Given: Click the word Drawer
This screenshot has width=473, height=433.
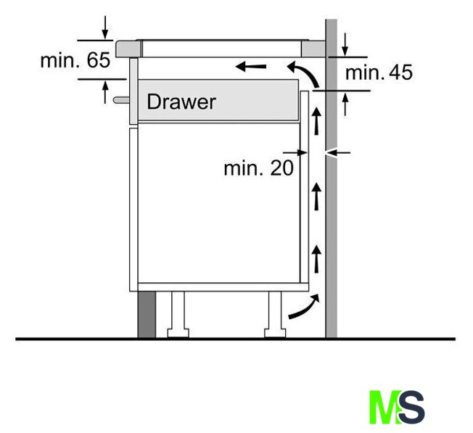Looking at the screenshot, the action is tap(181, 102).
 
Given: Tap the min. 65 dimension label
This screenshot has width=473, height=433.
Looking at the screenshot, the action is tap(75, 60).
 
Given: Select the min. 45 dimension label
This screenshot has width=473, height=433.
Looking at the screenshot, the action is tap(379, 73).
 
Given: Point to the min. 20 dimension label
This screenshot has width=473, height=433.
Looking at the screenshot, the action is tap(258, 168).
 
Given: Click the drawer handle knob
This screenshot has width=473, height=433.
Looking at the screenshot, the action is tap(121, 100).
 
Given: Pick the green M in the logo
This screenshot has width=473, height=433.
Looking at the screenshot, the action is tap(384, 407).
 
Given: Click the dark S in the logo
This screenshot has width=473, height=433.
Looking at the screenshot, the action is tap(411, 407).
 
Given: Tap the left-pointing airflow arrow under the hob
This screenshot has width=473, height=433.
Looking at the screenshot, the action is tap(251, 66).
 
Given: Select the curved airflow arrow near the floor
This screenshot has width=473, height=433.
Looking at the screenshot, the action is tap(304, 306).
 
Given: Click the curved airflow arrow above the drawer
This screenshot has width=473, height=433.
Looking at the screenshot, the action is tap(305, 73).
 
